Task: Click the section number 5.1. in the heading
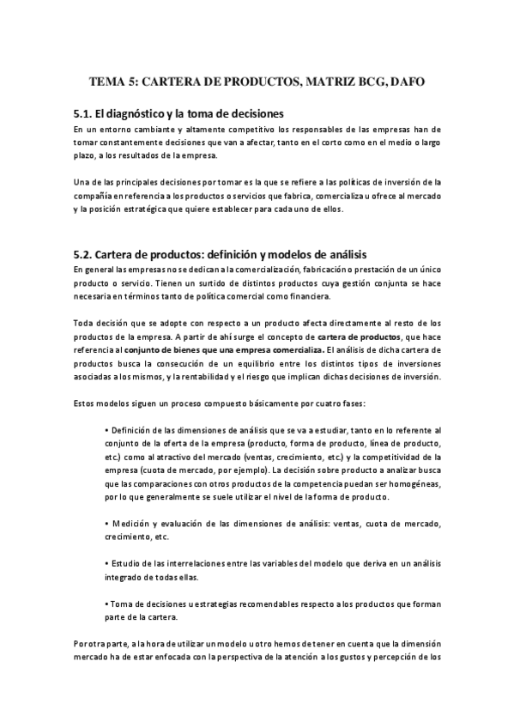click(82, 113)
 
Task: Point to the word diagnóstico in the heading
click(145, 113)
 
